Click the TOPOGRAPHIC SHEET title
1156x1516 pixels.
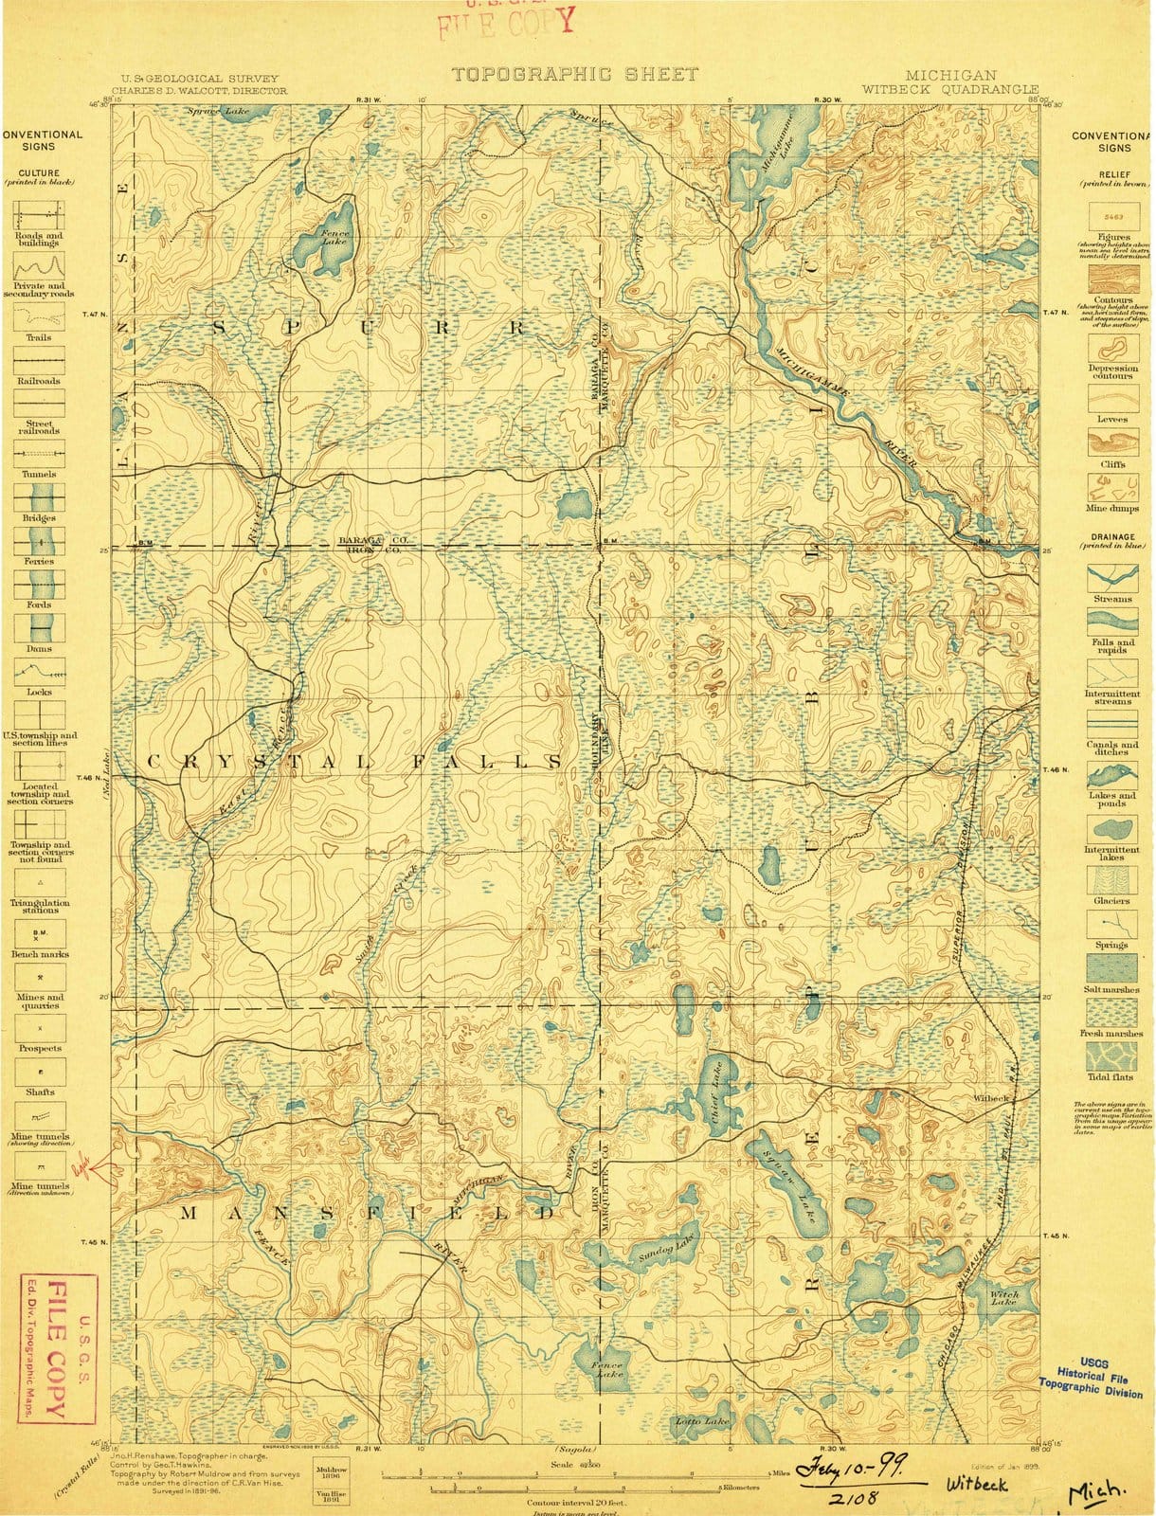[x=574, y=74]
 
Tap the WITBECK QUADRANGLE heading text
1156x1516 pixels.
[x=937, y=89]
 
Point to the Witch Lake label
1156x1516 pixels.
[x=1003, y=1299]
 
